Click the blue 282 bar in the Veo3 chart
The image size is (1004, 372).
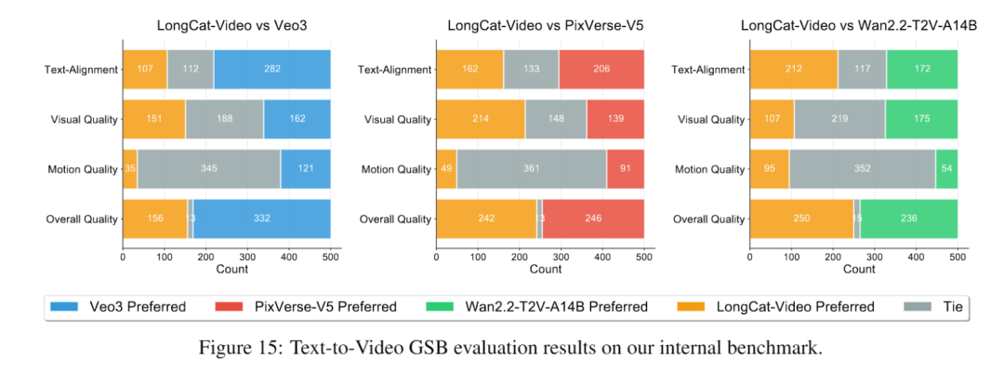(271, 69)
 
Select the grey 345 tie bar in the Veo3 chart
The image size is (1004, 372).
(208, 168)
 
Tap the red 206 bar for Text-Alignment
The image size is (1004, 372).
(601, 69)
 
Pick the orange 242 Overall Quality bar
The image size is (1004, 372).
(486, 219)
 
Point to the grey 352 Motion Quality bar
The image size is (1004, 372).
(862, 168)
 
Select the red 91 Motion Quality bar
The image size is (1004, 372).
(625, 168)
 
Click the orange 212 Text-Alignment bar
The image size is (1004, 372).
(794, 69)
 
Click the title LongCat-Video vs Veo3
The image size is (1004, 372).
(227, 27)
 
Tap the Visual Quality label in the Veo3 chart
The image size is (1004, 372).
(83, 119)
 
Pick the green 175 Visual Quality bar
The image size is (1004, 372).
(921, 119)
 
